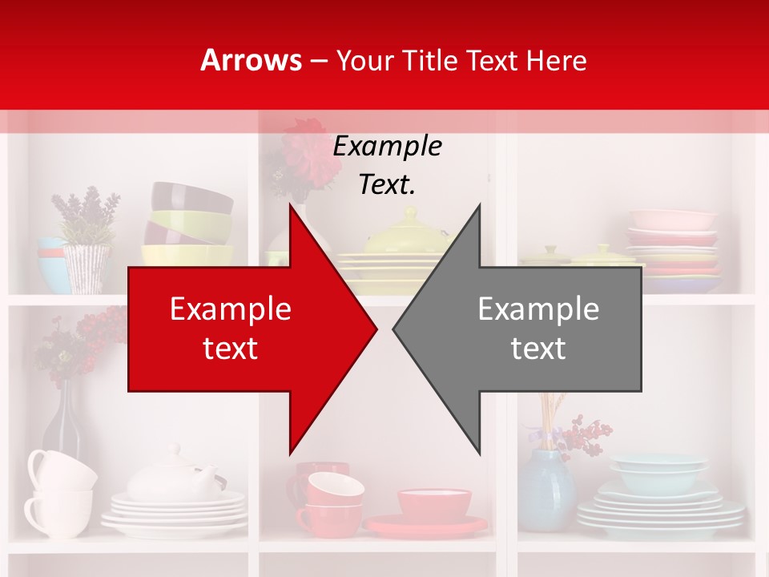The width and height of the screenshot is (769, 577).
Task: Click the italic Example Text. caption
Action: click(x=388, y=165)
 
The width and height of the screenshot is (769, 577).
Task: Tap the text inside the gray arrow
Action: click(x=538, y=329)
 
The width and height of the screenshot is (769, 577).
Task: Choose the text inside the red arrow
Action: click(x=231, y=329)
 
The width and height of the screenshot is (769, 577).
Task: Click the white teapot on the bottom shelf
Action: click(x=172, y=478)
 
